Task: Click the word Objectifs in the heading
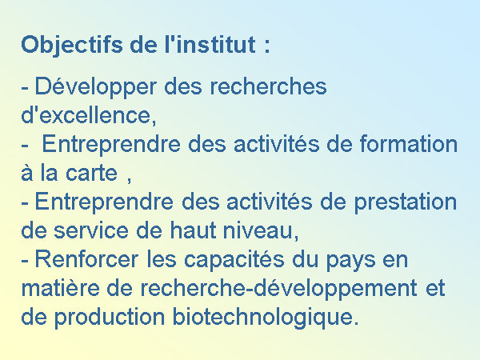click(x=72, y=46)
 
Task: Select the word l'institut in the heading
click(x=210, y=44)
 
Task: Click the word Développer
click(x=96, y=88)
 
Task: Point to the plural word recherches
click(x=268, y=86)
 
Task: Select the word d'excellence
click(x=89, y=115)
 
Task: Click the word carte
click(x=91, y=174)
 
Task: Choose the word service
click(x=90, y=230)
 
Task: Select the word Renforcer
click(x=86, y=259)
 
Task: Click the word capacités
click(x=234, y=260)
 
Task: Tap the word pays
click(x=350, y=261)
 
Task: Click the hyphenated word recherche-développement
click(x=278, y=289)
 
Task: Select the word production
click(x=110, y=318)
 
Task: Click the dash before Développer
click(x=25, y=89)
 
